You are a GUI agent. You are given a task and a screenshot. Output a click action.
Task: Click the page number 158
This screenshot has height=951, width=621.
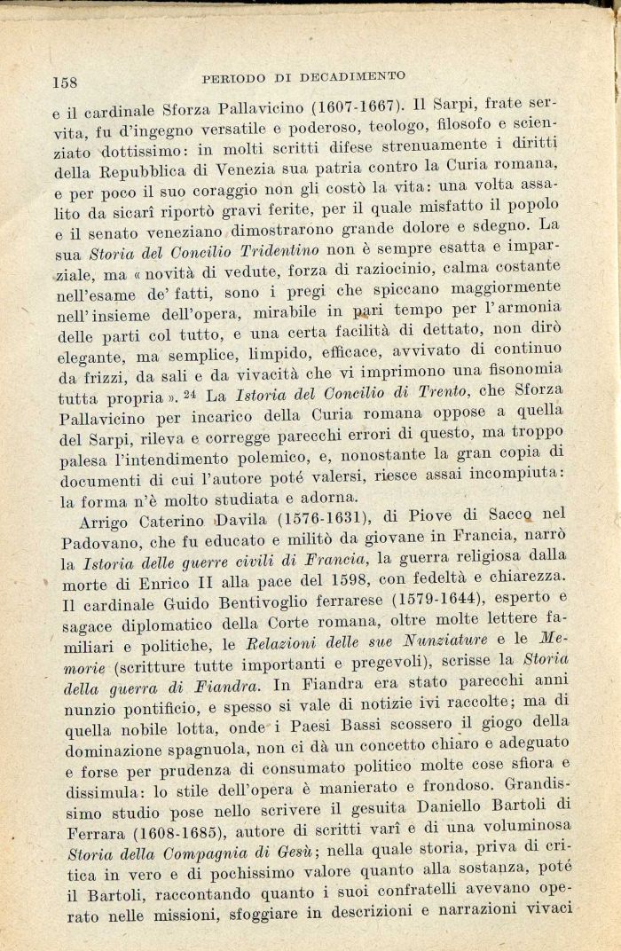66,82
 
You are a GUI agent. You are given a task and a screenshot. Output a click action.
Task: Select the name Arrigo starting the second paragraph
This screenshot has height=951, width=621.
108,522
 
